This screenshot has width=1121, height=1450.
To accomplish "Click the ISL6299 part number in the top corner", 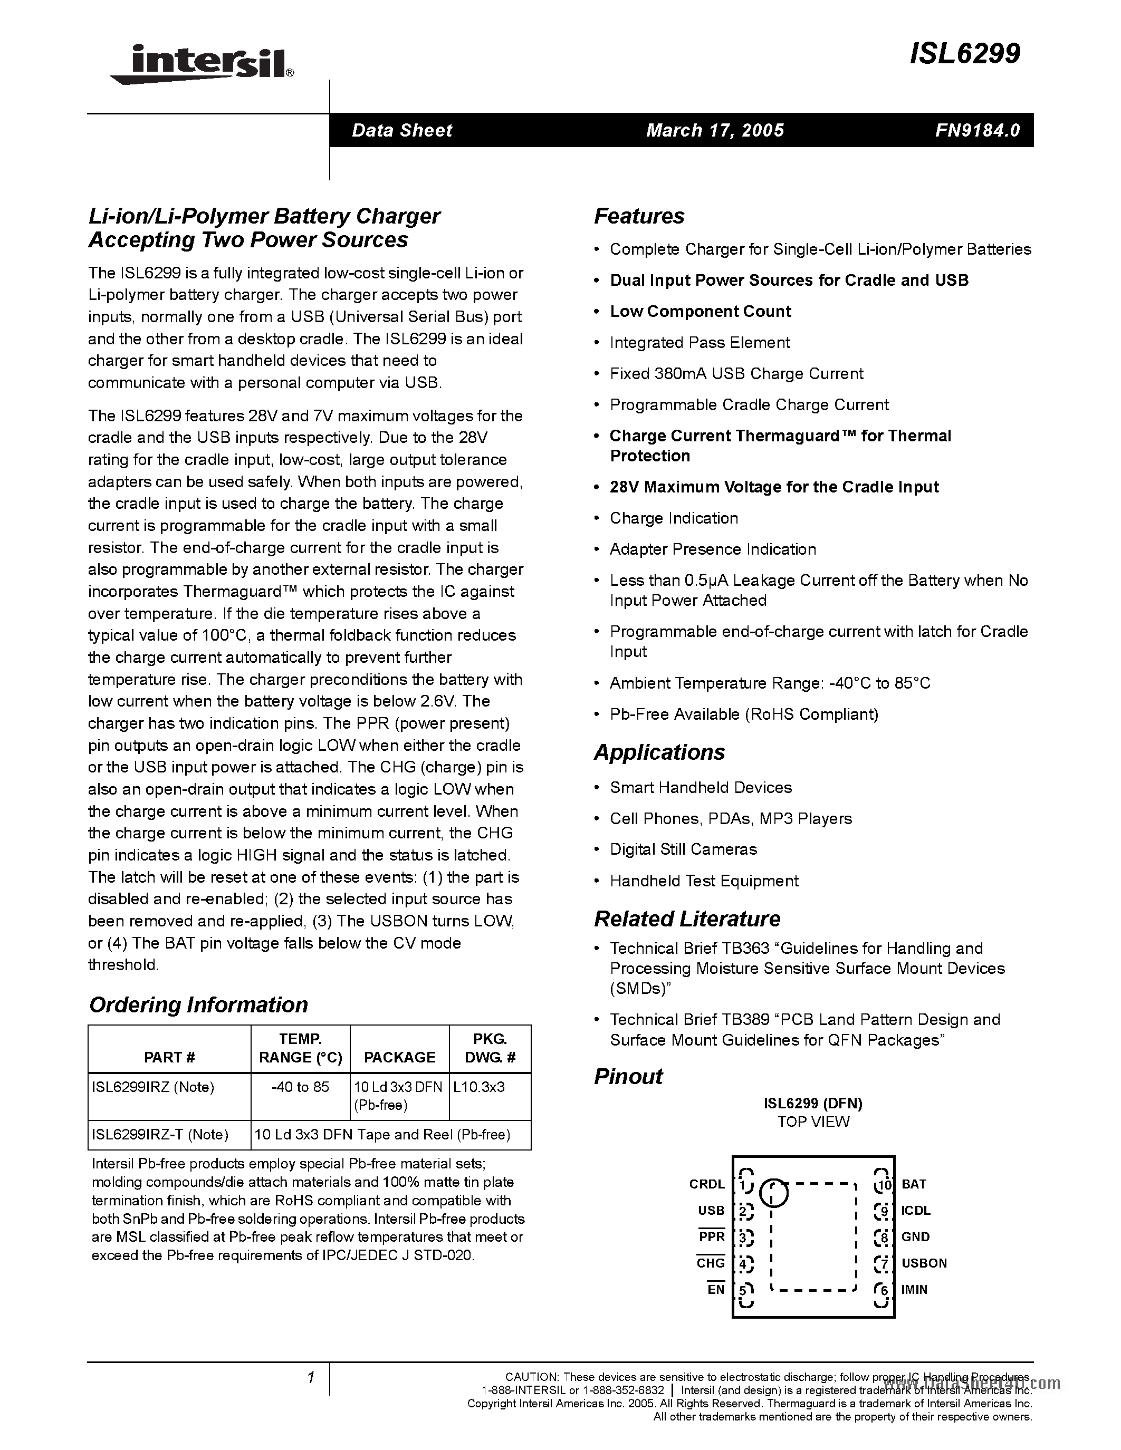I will tap(964, 54).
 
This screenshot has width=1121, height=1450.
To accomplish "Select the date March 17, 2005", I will tap(715, 130).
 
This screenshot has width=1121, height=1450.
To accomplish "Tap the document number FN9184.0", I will tap(977, 130).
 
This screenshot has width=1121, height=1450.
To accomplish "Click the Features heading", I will tap(639, 216).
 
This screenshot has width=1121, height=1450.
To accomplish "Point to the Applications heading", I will tap(659, 752).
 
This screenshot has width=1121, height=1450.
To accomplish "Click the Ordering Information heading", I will tap(198, 1004).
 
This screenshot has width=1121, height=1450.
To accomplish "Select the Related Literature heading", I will tap(687, 919).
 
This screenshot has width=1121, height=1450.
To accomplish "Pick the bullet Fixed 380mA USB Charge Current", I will tap(736, 374).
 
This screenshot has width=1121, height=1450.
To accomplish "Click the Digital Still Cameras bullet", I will tap(683, 850).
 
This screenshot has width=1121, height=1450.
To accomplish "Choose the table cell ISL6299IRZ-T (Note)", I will tap(160, 1135).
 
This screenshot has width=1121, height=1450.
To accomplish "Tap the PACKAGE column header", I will tap(399, 1057).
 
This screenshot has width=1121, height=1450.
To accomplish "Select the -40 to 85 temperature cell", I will tap(300, 1087).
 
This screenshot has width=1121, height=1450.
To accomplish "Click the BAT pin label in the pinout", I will tap(914, 1184).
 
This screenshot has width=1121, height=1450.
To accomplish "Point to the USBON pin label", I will tap(924, 1263).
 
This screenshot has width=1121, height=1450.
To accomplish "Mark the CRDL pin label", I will tap(706, 1184).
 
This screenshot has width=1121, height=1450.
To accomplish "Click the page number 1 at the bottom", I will tap(310, 1378).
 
